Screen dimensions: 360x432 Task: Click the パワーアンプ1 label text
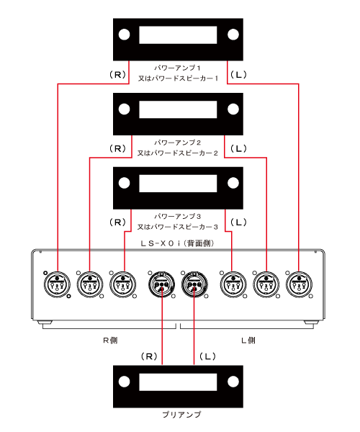pos(177,68)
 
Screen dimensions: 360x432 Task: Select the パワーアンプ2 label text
pos(177,143)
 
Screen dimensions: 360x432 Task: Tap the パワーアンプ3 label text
pos(177,216)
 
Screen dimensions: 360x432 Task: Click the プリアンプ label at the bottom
pos(181,415)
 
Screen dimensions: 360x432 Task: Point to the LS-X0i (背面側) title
pos(177,243)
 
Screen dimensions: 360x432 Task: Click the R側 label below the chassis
pos(110,341)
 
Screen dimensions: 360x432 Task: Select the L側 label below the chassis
pos(248,341)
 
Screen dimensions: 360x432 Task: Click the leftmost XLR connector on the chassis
pos(57,284)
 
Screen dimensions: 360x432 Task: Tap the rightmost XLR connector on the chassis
pos(299,284)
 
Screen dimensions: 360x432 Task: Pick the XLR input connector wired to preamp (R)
pos(162,284)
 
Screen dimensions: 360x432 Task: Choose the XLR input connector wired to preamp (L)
pos(194,284)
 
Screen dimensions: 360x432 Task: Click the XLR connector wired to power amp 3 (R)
pos(123,284)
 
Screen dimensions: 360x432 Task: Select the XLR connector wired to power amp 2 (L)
pos(266,284)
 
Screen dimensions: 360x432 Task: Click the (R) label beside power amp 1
pos(117,75)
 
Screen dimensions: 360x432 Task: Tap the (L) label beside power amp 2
pos(238,149)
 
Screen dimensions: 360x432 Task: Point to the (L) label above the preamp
pos(207,356)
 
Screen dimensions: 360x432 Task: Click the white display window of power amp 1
pos(178,35)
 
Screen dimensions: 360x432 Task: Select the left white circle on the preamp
pos(125,382)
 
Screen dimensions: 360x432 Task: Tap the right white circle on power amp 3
pos(233,183)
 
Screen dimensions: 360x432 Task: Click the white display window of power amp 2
pos(178,109)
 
